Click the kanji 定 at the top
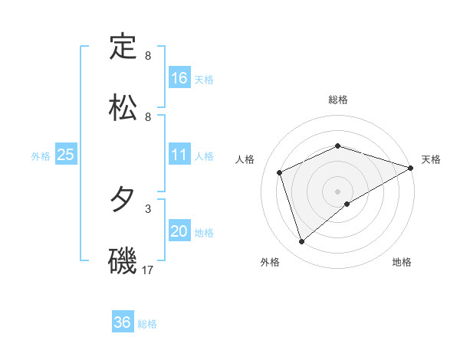[123, 47]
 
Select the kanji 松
[123, 108]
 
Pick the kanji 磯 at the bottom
[123, 260]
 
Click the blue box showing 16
[179, 78]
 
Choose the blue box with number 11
[179, 155]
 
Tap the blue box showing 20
[179, 231]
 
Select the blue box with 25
[66, 155]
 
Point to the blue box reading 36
[123, 322]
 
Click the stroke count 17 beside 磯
[149, 270]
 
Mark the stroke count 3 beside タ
[148, 208]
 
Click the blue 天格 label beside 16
[204, 79]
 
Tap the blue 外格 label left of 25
[41, 155]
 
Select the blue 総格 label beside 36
[147, 323]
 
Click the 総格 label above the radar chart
[338, 100]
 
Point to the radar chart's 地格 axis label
[402, 262]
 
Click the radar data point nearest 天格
[411, 168]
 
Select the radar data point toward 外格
[302, 242]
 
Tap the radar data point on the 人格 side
[280, 172]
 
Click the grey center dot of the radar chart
[338, 191]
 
